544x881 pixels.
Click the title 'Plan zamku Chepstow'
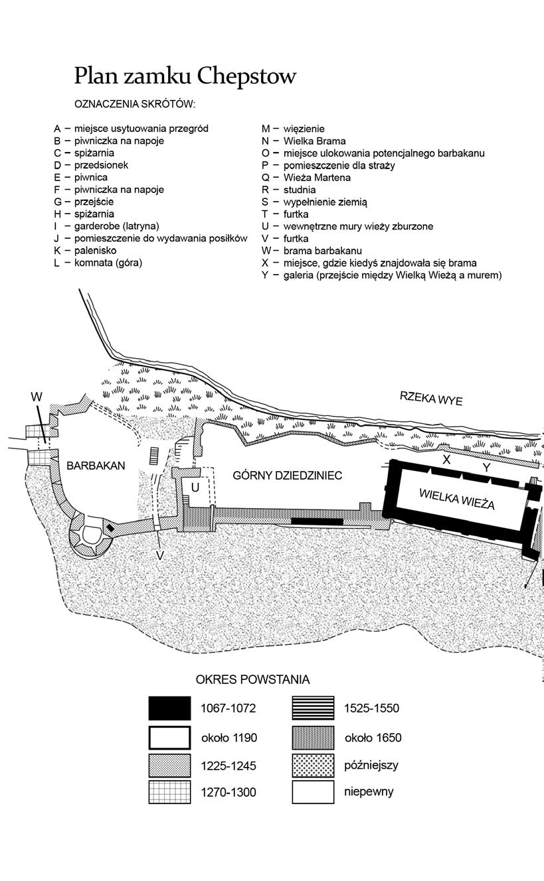[x=185, y=76]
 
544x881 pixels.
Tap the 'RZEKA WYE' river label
[x=430, y=399]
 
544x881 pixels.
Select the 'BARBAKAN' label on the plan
[x=96, y=466]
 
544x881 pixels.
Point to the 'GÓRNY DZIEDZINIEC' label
[x=288, y=476]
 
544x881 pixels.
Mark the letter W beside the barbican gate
[x=37, y=397]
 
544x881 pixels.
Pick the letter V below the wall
[x=160, y=556]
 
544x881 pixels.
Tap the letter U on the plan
[x=195, y=487]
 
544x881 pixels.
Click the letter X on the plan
[x=446, y=459]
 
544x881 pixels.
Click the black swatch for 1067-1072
[x=169, y=709]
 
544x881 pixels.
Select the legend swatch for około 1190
[x=169, y=737]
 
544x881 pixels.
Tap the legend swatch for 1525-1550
[x=313, y=709]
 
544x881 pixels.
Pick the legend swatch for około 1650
[x=313, y=737]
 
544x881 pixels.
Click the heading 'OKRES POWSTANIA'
[x=252, y=680]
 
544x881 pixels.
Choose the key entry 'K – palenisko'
[x=86, y=250]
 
